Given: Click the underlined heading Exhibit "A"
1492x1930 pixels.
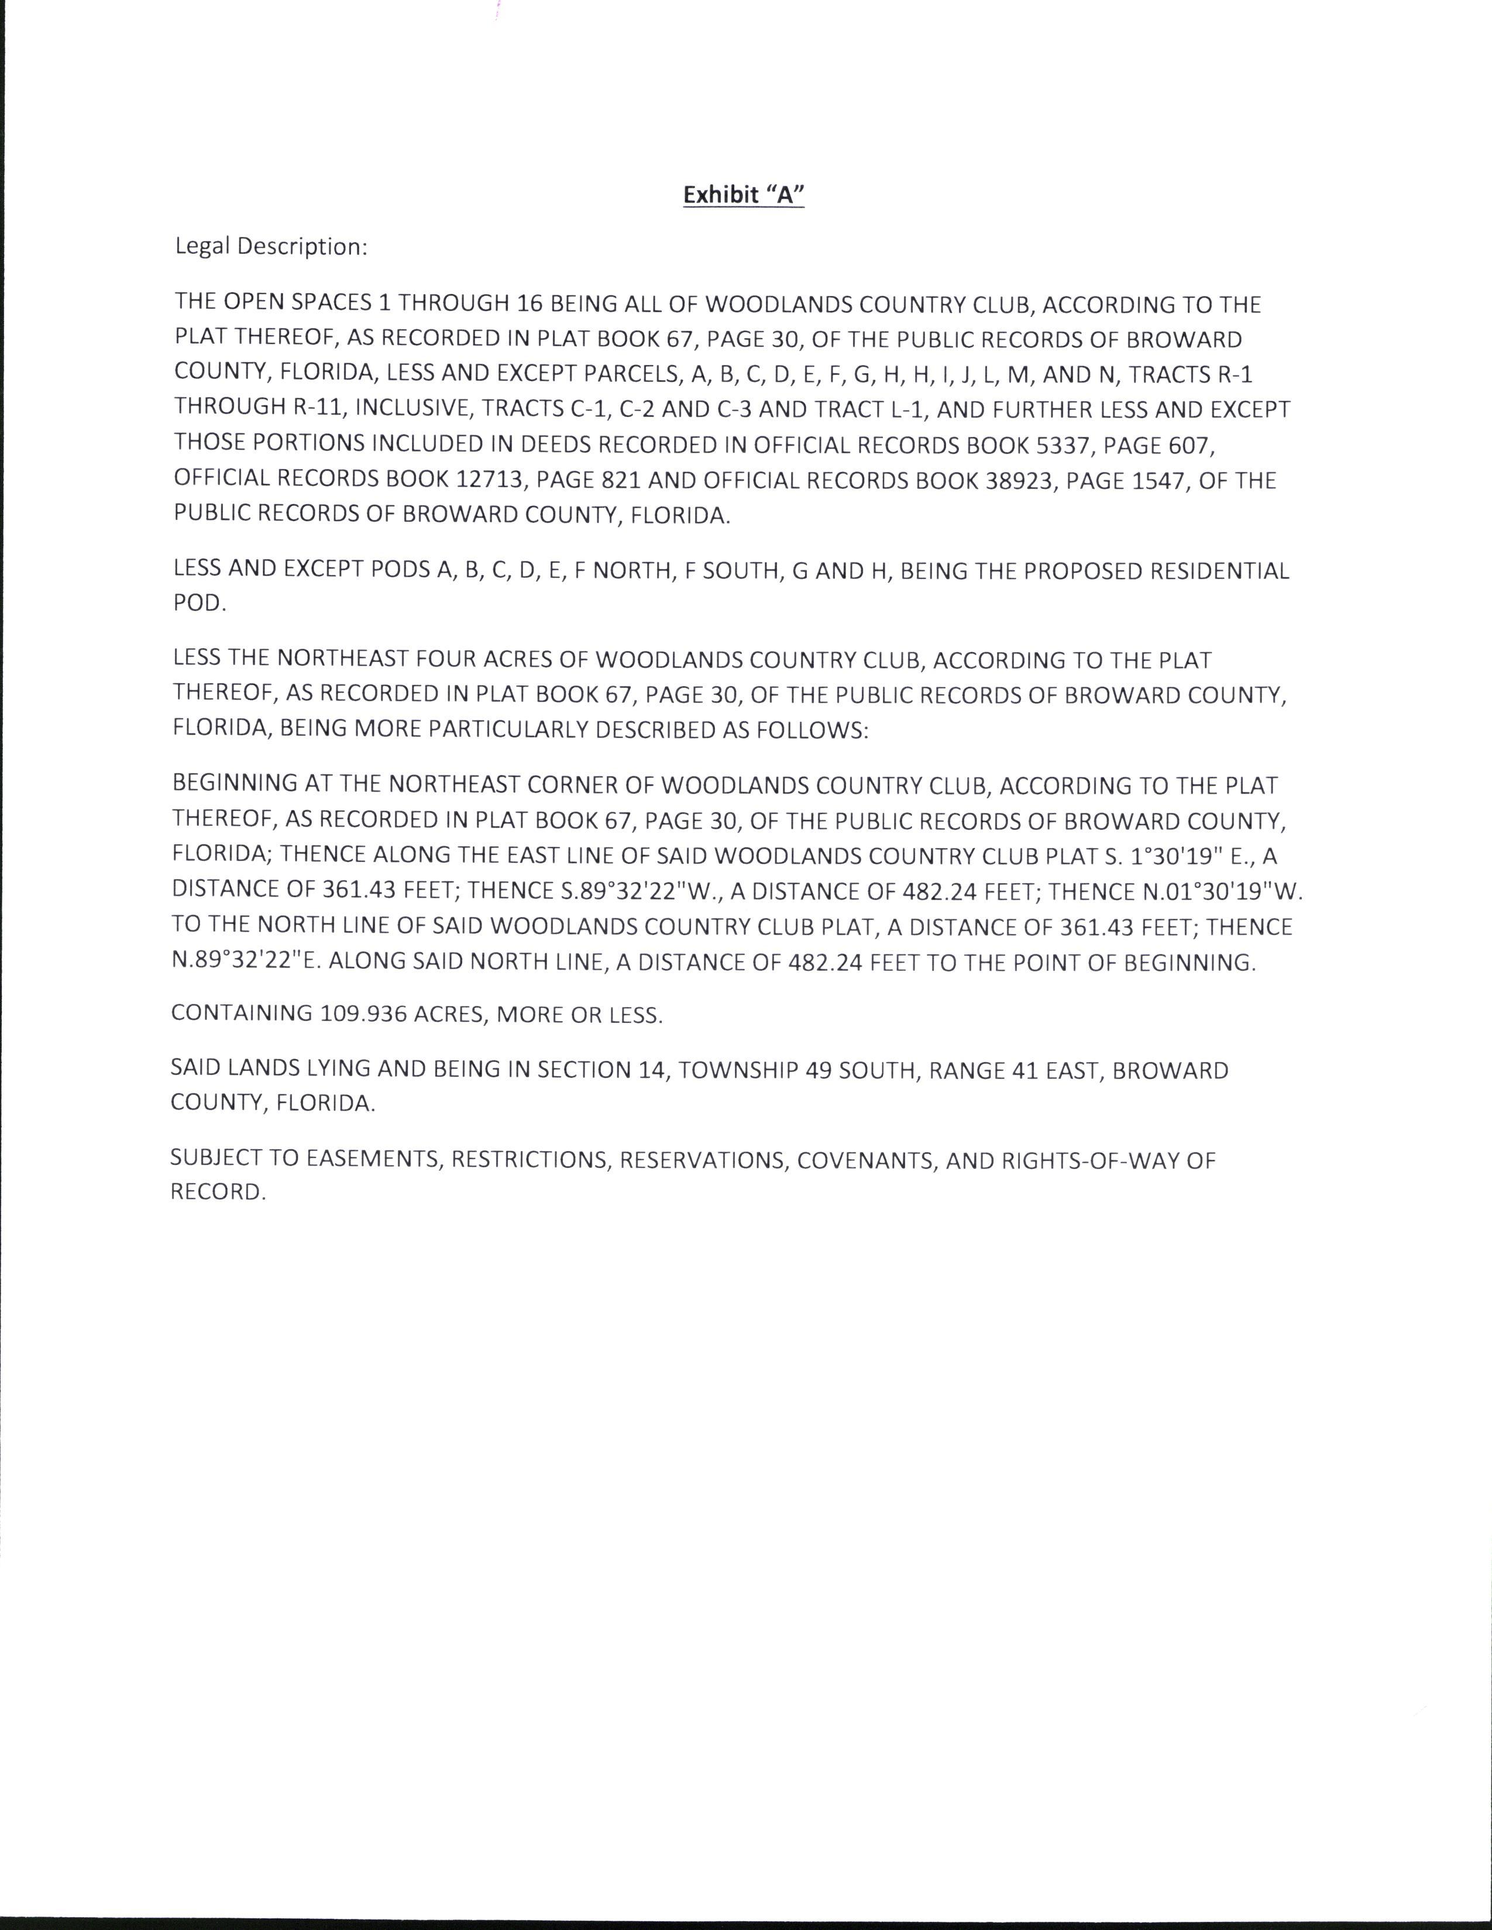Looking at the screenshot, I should (x=743, y=195).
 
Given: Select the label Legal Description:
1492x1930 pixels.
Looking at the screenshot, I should (x=270, y=247).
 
